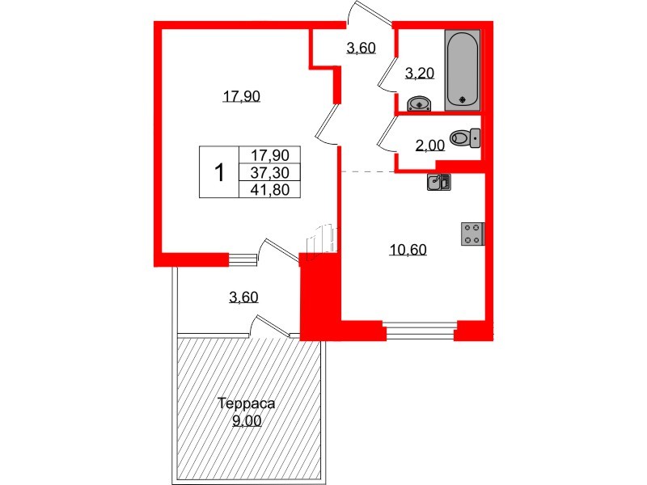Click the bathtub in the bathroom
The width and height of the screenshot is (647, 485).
click(463, 68)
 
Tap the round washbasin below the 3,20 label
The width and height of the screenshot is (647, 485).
click(419, 103)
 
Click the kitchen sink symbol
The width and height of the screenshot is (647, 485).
click(439, 182)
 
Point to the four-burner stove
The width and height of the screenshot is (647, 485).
click(472, 233)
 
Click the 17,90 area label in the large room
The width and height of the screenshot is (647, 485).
click(241, 97)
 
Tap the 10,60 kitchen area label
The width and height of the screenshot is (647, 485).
click(408, 250)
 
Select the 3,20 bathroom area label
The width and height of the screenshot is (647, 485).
click(420, 74)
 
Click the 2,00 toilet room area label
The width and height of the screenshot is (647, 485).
click(429, 145)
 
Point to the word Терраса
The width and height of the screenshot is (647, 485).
click(247, 403)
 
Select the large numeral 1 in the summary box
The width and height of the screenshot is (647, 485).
click(218, 172)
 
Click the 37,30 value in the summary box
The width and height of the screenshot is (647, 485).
click(270, 171)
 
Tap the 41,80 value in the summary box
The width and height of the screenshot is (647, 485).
click(270, 189)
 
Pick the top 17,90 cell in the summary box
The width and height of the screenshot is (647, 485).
click(270, 154)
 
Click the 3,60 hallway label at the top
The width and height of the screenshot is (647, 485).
click(361, 48)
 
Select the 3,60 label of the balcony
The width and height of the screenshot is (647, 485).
click(243, 297)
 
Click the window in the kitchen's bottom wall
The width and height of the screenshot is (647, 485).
click(420, 328)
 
